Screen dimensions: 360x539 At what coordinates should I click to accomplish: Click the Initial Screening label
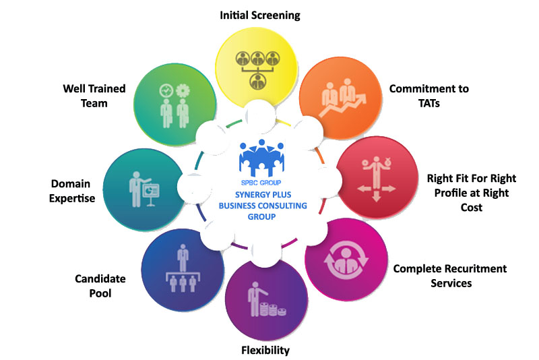[260, 14]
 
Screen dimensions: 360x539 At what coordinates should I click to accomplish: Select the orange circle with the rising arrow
[338, 94]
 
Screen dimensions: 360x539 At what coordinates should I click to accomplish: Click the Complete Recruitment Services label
[450, 276]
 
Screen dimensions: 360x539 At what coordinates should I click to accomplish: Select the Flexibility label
[265, 350]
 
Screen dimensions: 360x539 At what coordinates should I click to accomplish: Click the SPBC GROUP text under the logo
[261, 183]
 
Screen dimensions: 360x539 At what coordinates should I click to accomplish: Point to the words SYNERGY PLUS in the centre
[261, 196]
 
